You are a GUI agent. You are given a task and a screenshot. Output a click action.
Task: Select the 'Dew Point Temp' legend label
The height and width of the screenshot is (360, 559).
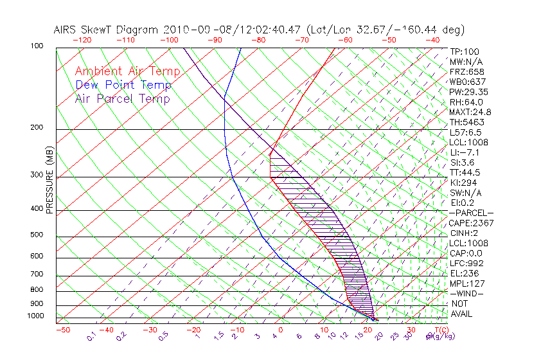[x=123, y=85]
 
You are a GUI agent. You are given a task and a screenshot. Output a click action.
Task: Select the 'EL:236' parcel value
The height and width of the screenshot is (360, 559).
[x=464, y=273]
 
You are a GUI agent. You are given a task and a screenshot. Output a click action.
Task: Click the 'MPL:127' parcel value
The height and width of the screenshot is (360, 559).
[x=466, y=283]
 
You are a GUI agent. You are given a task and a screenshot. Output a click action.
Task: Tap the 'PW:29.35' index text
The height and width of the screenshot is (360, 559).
[x=469, y=92]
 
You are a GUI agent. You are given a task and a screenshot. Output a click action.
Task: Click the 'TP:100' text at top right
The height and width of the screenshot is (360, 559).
[x=465, y=52]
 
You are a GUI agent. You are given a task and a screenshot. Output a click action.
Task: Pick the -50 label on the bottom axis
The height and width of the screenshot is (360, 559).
[x=62, y=330]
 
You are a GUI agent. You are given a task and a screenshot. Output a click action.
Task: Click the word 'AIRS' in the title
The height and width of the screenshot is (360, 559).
[x=66, y=30]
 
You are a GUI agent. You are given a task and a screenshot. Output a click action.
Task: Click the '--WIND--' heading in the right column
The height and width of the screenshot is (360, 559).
[x=467, y=294]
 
